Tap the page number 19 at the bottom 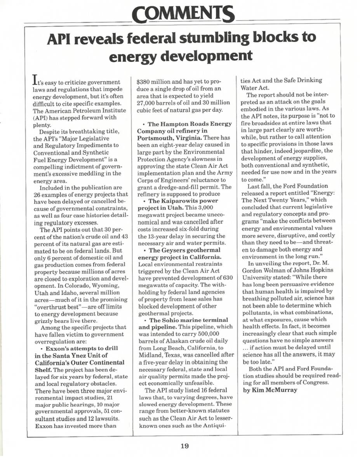pos(184,446)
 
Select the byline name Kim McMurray pos(275,390)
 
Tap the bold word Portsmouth pos(155,138)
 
